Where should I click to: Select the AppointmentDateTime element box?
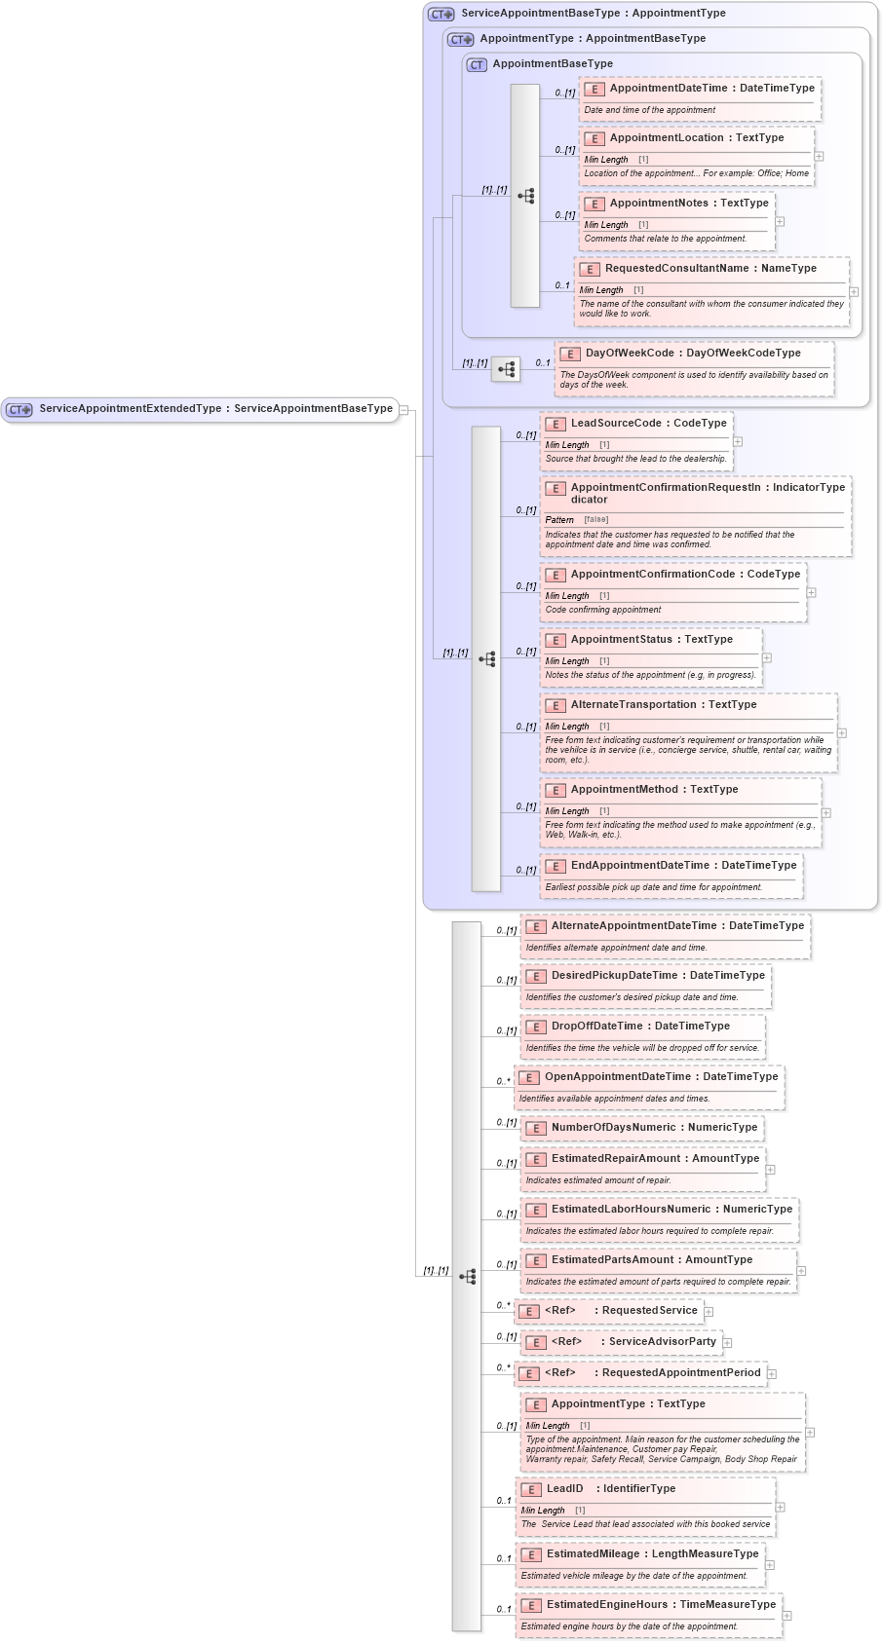[700, 98]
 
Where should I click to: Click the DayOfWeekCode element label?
[692, 354]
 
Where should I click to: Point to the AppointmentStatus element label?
[651, 640]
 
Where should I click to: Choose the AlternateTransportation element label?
[663, 705]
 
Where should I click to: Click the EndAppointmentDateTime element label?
[683, 866]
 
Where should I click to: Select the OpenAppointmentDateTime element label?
[661, 1077]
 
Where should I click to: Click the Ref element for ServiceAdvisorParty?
[622, 1342]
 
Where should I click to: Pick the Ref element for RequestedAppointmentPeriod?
[640, 1373]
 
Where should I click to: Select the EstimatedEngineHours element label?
[661, 1605]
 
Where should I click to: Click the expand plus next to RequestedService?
[709, 1312]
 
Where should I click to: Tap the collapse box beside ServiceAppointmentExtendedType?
[403, 410]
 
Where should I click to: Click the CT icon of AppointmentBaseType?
[477, 65]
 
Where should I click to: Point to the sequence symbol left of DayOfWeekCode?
[505, 369]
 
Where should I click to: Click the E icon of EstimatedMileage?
[531, 1555]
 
